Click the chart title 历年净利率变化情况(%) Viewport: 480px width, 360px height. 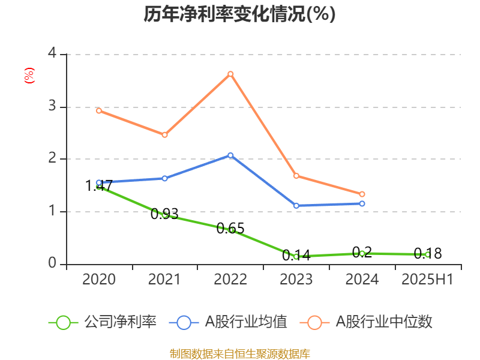(239, 14)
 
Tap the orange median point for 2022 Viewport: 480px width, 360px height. (230, 74)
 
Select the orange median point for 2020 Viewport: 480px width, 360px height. (99, 110)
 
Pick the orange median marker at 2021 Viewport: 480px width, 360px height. (164, 134)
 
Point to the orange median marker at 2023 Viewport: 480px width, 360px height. (296, 176)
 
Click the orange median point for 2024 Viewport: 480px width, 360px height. (362, 194)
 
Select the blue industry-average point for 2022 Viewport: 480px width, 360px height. (230, 155)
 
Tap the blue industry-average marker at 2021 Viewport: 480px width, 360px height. (164, 178)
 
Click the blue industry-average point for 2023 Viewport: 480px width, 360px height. (296, 206)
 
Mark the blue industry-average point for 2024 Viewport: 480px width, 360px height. (362, 203)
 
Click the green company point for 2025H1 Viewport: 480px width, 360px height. (427, 254)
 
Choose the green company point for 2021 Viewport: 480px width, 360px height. (164, 214)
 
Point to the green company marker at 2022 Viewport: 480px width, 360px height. (230, 230)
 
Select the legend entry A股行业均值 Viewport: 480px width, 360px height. (230, 322)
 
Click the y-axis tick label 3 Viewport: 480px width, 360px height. (52, 106)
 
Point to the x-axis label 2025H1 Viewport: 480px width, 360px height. (427, 280)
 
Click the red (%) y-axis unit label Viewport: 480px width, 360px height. (29, 76)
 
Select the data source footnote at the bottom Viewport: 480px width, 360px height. (239, 353)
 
